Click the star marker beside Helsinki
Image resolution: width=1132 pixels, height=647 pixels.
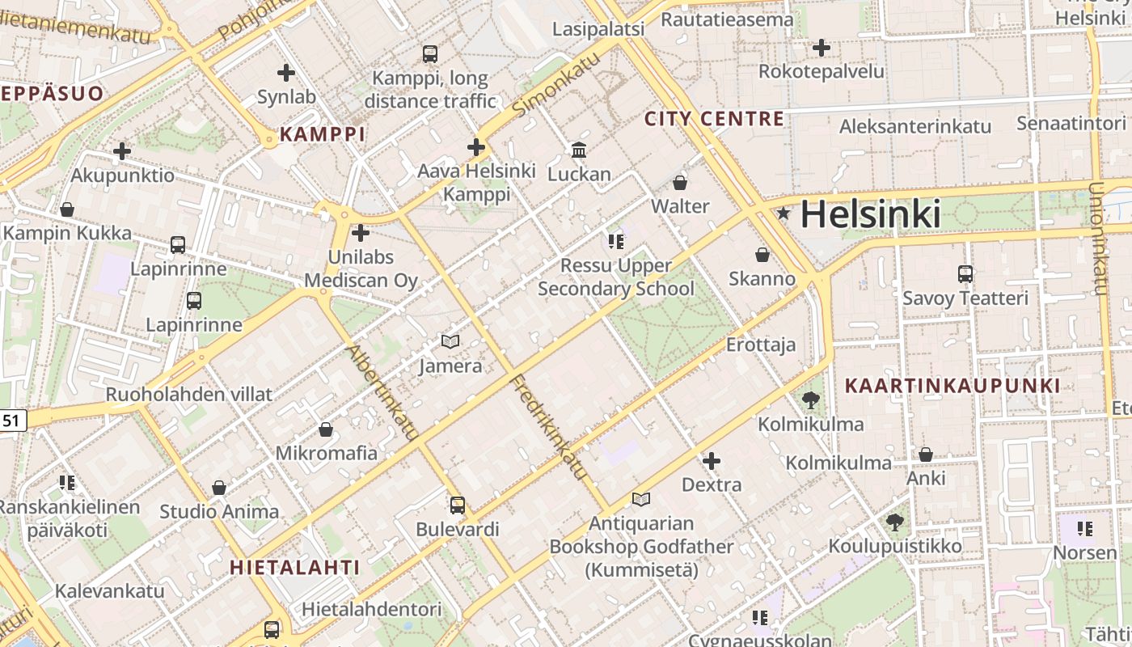pyautogui.click(x=783, y=214)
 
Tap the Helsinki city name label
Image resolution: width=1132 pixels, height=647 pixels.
pyautogui.click(x=871, y=214)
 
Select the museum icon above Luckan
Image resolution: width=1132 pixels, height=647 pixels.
pyautogui.click(x=579, y=150)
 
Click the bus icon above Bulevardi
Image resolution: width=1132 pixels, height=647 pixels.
pyautogui.click(x=458, y=505)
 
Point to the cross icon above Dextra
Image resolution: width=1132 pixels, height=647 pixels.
pyautogui.click(x=712, y=461)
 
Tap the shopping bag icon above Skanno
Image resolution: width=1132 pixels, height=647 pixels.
pyautogui.click(x=762, y=255)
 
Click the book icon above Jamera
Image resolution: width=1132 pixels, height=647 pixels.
pyautogui.click(x=450, y=342)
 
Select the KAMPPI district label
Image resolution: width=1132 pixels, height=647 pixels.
pyautogui.click(x=323, y=134)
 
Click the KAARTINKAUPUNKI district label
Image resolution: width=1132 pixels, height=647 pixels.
pyautogui.click(x=952, y=386)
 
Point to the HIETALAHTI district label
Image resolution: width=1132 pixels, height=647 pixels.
pyautogui.click(x=294, y=567)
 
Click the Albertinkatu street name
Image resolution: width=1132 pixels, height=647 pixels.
pyautogui.click(x=382, y=393)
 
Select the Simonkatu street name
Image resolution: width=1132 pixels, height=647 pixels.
pyautogui.click(x=558, y=82)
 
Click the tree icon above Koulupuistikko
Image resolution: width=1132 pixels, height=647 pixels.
pyautogui.click(x=895, y=522)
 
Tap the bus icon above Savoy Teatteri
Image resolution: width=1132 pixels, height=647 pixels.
pyautogui.click(x=965, y=274)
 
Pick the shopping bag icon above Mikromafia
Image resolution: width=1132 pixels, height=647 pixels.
pyautogui.click(x=326, y=429)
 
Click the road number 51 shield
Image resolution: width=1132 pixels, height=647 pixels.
pyautogui.click(x=11, y=420)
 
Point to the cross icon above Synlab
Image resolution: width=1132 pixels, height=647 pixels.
pyautogui.click(x=286, y=73)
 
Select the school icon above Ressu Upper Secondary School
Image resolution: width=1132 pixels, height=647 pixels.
pyautogui.click(x=616, y=241)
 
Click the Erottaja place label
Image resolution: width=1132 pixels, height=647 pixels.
pyautogui.click(x=761, y=345)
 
